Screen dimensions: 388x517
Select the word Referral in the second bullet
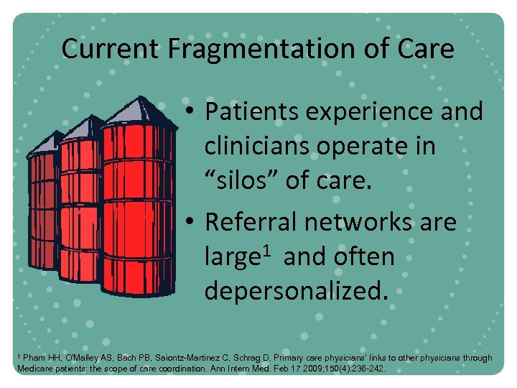click(x=251, y=223)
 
